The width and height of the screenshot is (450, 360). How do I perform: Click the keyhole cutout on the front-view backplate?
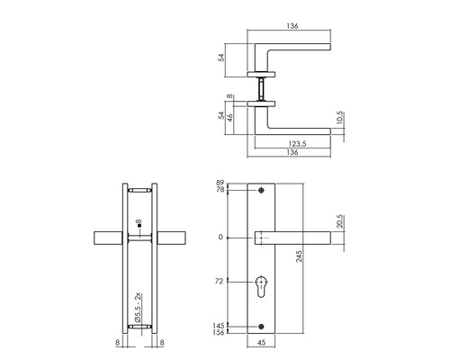point(263,286)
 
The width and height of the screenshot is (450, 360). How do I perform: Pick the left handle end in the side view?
point(106,238)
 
